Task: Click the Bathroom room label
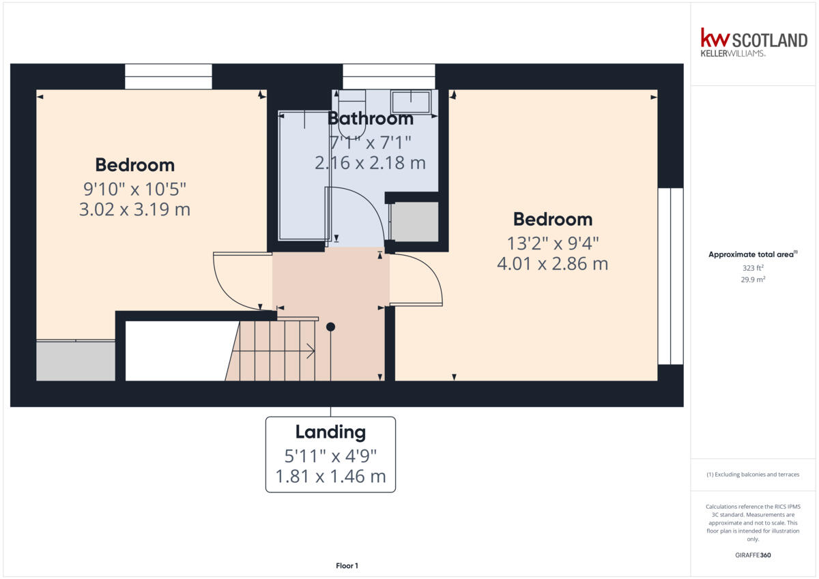click(x=371, y=119)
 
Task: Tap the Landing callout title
click(x=330, y=432)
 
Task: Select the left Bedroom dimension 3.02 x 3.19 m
click(x=134, y=209)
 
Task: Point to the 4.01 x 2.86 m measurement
click(x=552, y=263)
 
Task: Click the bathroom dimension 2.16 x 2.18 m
click(x=370, y=163)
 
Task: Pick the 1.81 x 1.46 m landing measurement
click(x=330, y=477)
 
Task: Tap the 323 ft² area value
click(x=753, y=269)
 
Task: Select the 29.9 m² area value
click(x=753, y=280)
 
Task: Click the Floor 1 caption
click(x=347, y=565)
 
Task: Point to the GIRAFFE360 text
click(x=753, y=555)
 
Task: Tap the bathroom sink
click(x=410, y=102)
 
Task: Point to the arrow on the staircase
click(x=311, y=352)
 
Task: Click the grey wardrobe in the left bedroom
click(x=75, y=360)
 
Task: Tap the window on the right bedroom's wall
click(x=670, y=276)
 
